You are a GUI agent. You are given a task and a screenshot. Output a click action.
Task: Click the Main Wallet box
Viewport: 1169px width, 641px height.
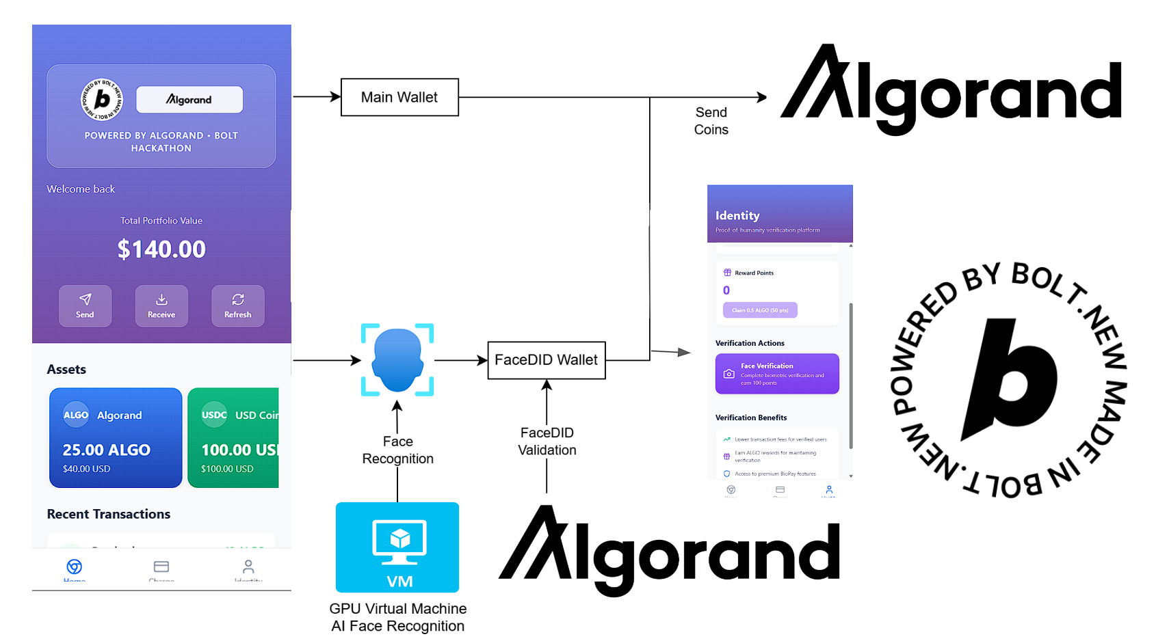point(399,97)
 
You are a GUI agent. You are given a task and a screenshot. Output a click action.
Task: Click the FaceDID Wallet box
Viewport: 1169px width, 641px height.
point(546,360)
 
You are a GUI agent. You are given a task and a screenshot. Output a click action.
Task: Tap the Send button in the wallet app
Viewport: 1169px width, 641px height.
point(85,305)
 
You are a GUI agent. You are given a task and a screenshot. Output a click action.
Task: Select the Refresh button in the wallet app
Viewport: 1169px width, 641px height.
point(237,305)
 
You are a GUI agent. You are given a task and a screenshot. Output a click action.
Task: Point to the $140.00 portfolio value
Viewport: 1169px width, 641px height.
point(161,249)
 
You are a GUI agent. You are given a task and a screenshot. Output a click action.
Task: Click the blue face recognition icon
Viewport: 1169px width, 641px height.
point(397,359)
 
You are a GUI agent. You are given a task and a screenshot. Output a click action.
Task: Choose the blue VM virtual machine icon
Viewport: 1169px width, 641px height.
point(397,547)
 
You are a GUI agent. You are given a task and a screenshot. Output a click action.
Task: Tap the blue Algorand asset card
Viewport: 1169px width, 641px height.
point(116,438)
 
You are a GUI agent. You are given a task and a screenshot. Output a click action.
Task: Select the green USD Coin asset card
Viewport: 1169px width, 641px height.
point(234,438)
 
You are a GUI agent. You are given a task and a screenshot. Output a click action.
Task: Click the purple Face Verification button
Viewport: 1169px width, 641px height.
point(777,373)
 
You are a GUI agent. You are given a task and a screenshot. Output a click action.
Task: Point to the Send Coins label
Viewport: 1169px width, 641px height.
point(711,121)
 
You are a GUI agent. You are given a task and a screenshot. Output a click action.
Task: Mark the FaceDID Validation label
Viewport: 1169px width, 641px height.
point(547,441)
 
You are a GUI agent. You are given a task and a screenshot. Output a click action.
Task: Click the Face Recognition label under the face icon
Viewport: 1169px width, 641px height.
point(397,450)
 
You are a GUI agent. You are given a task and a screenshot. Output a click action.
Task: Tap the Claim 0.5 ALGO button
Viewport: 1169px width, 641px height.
point(760,310)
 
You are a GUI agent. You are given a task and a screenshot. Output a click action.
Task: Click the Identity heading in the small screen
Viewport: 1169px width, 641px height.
point(737,215)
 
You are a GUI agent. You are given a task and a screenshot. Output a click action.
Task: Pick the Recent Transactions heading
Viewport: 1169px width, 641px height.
point(109,514)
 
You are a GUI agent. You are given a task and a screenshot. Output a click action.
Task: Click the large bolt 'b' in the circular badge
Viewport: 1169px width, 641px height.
point(1012,377)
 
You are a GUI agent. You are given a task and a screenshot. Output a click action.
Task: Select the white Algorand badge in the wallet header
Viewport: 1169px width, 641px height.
point(189,100)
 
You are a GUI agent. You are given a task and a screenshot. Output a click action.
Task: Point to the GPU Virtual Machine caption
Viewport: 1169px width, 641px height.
point(397,617)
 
